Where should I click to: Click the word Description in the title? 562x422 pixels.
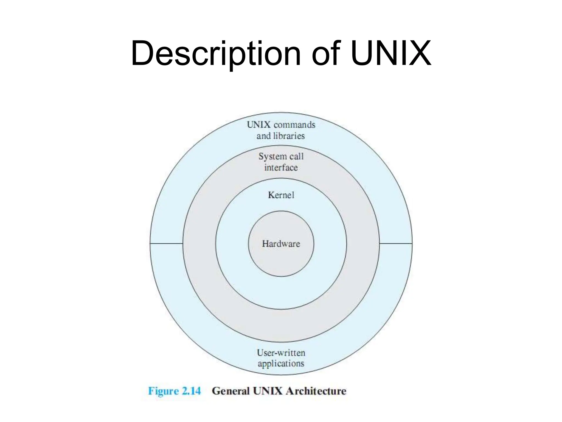216,54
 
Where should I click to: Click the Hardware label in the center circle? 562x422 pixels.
281,244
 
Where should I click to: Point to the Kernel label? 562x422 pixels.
281,195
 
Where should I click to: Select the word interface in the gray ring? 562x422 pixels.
281,168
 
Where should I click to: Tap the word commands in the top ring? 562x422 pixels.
294,125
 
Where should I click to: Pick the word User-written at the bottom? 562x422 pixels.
281,353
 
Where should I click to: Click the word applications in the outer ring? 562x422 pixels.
281,364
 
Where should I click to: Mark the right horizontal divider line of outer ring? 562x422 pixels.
396,243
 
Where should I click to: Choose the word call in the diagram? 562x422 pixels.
297,156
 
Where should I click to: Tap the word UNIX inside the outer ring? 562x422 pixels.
259,125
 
